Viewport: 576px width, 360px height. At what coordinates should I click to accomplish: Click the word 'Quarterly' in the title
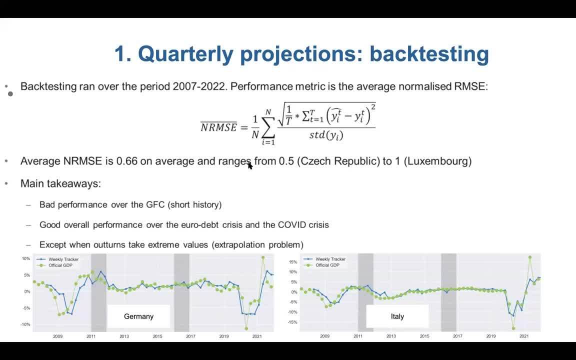186,54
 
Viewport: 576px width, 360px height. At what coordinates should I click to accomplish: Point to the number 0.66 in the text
126,161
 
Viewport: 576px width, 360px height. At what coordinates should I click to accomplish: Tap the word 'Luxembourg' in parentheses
437,161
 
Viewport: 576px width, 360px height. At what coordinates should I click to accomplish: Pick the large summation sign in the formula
268,127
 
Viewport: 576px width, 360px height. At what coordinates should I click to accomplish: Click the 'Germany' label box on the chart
138,316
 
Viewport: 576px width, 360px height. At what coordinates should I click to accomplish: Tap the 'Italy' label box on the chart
397,316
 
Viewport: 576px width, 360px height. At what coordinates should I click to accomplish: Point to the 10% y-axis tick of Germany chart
25,258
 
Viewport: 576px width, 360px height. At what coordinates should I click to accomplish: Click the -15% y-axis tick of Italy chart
292,322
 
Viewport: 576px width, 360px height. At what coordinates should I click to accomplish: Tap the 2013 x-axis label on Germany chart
124,336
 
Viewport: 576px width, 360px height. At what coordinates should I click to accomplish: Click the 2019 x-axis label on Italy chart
491,336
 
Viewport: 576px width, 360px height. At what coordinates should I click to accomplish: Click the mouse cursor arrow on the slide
250,165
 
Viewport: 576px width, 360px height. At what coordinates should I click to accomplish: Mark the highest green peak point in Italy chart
530,257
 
